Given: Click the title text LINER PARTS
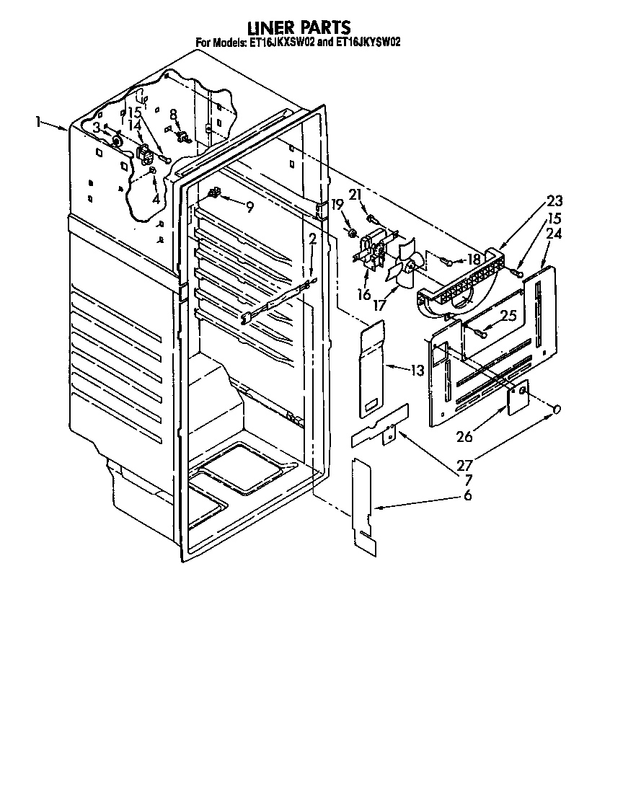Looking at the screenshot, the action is click(299, 27).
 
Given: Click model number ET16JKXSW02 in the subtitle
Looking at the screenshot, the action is click(282, 43).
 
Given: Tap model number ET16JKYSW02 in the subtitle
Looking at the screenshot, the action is click(368, 43).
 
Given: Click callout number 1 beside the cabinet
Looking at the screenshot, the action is click(39, 123).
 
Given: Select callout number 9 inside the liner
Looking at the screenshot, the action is click(249, 207).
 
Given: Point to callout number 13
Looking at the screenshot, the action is click(417, 371).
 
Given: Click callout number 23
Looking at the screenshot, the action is click(554, 201).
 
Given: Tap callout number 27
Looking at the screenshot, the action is click(465, 465).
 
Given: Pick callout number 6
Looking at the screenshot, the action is click(467, 495).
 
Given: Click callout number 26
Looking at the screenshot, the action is click(464, 435).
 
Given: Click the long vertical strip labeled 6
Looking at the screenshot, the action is click(365, 506).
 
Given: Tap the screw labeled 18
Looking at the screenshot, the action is click(448, 262).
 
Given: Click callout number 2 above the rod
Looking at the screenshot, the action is click(312, 239).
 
